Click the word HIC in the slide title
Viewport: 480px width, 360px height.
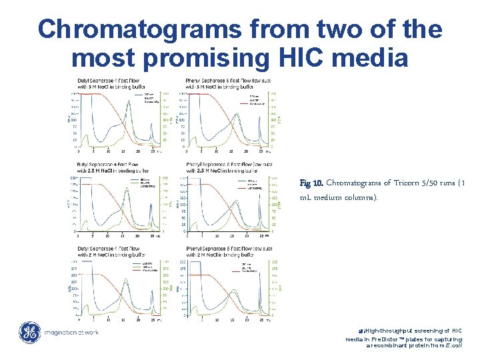309,59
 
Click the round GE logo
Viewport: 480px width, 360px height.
29,333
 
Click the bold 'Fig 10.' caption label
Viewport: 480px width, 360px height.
311,183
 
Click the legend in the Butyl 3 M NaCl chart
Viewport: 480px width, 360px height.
151,98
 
